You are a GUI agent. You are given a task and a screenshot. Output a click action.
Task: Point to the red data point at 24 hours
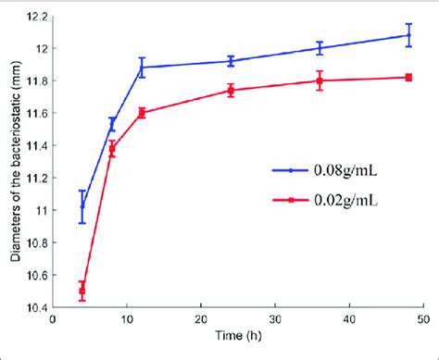click(x=231, y=90)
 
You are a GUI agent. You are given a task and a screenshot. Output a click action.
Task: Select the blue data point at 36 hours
click(x=320, y=48)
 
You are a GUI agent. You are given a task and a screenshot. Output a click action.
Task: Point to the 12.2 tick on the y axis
click(x=36, y=16)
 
